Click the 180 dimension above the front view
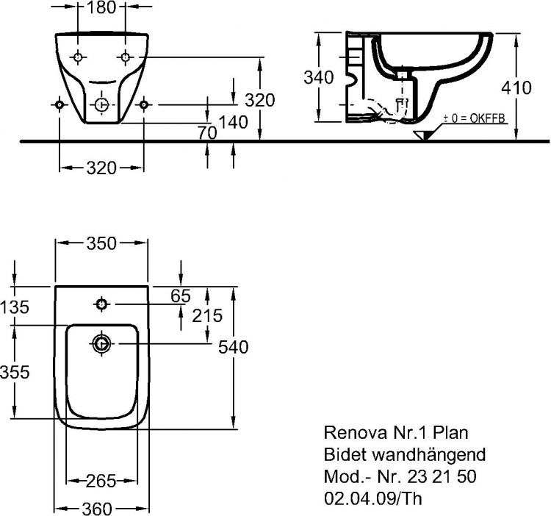(102, 9)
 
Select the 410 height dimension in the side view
(517, 87)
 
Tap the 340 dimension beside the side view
(318, 77)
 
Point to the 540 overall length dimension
(233, 346)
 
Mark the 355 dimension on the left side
(15, 373)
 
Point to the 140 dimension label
(233, 123)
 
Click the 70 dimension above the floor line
(208, 133)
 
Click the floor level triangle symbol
(423, 136)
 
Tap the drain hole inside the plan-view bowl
(101, 343)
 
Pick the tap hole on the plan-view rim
(101, 304)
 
